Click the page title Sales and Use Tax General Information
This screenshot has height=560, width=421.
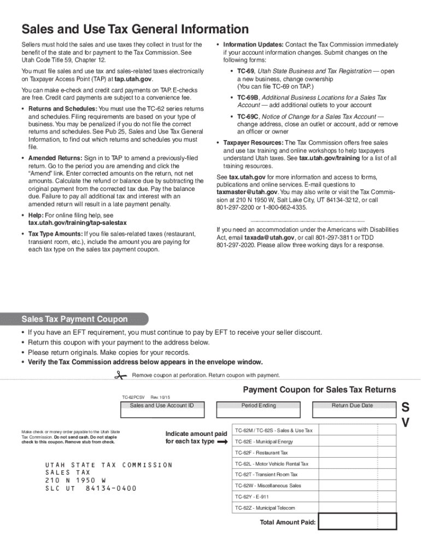(135, 30)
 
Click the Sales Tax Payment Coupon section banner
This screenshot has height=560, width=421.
(74, 319)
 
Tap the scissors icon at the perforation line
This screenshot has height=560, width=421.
(120, 375)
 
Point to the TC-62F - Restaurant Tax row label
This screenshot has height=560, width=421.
(261, 453)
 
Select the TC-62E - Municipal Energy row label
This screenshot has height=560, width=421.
(264, 442)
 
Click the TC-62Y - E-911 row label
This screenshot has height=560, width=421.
(252, 497)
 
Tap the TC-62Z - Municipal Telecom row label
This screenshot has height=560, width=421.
(265, 508)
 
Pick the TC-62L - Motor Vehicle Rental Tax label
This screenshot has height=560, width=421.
(272, 464)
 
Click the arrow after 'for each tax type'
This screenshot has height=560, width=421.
(222, 441)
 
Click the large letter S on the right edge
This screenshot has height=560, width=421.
(405, 407)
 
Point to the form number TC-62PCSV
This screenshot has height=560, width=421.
(133, 396)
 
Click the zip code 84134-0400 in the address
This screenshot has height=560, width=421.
(111, 488)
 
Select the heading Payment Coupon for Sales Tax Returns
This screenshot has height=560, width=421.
(319, 390)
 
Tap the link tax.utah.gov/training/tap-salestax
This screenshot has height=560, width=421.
(78, 223)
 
